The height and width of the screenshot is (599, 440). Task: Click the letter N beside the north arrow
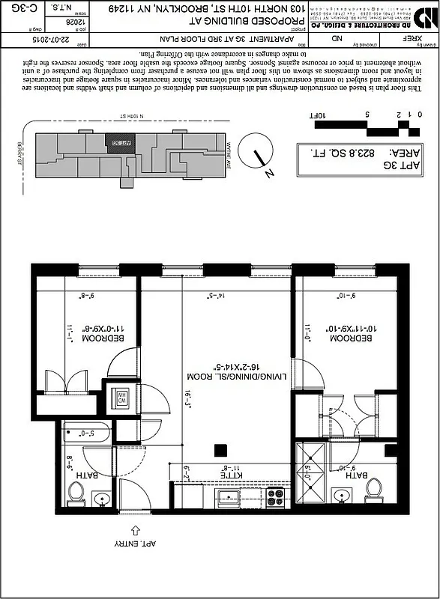(269, 174)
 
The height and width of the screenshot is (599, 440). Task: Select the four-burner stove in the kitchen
(275, 496)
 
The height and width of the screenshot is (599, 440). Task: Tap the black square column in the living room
(220, 450)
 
